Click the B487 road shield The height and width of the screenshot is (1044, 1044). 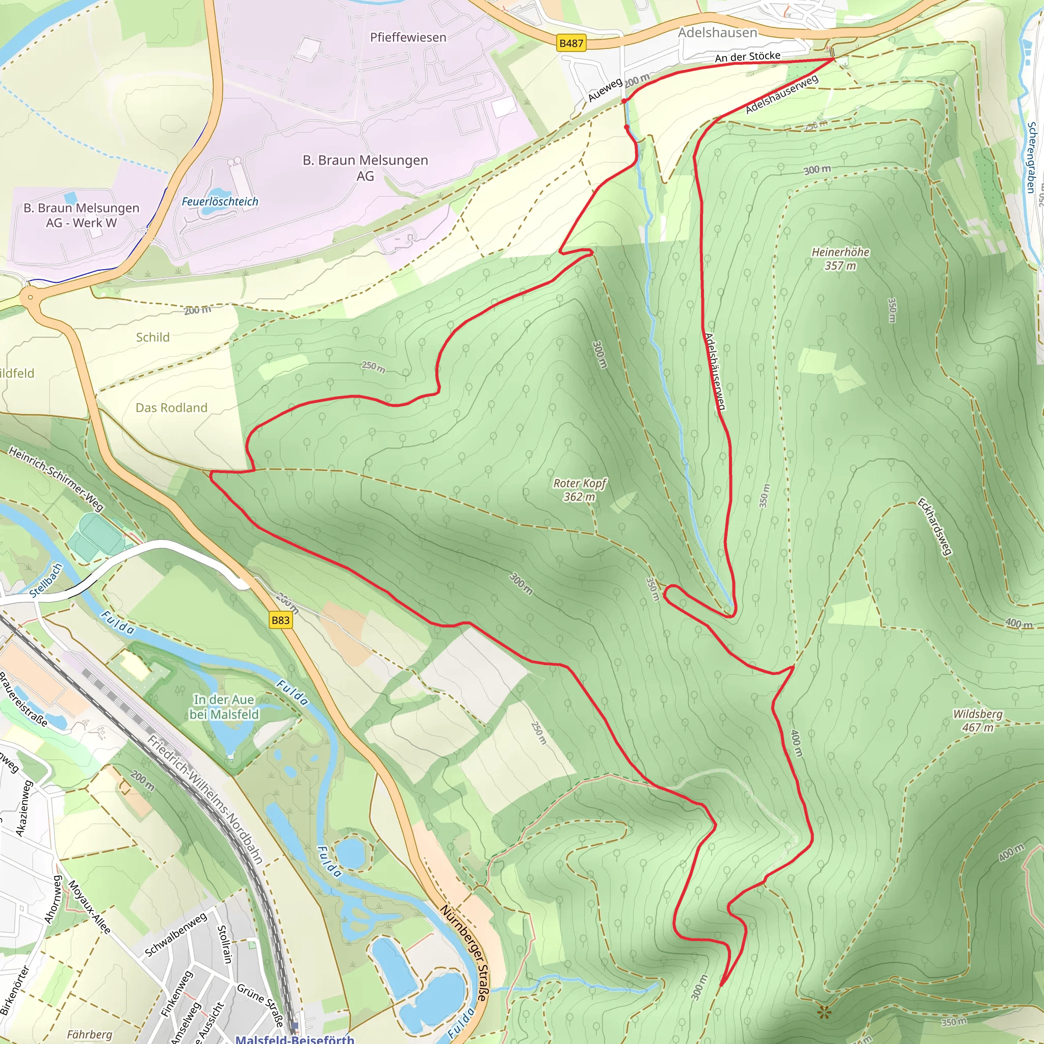tap(571, 43)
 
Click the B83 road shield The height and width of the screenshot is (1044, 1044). tap(280, 620)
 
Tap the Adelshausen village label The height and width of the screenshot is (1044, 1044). tap(718, 33)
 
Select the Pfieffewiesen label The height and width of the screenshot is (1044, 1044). tap(408, 37)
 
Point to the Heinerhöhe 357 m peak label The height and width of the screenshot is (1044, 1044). tap(840, 258)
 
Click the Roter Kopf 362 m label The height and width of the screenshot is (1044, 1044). tap(579, 489)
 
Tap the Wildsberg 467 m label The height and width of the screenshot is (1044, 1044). tap(978, 720)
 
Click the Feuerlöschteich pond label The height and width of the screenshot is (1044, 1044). tap(220, 201)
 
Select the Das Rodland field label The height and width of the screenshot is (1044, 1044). tap(171, 407)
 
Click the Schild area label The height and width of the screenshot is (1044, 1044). tap(153, 337)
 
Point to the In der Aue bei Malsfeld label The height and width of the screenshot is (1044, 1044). tap(224, 707)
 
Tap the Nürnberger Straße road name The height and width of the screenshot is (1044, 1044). tap(464, 956)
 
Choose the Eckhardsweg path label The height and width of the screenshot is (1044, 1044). tap(934, 527)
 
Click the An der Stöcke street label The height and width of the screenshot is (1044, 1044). tap(747, 56)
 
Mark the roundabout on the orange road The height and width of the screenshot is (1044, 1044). tap(30, 297)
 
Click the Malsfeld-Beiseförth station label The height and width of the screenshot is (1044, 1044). tap(295, 1038)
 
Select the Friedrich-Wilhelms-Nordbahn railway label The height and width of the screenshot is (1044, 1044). tap(206, 800)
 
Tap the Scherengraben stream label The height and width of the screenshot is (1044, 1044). tap(1031, 157)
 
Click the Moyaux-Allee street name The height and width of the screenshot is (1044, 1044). tap(89, 907)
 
